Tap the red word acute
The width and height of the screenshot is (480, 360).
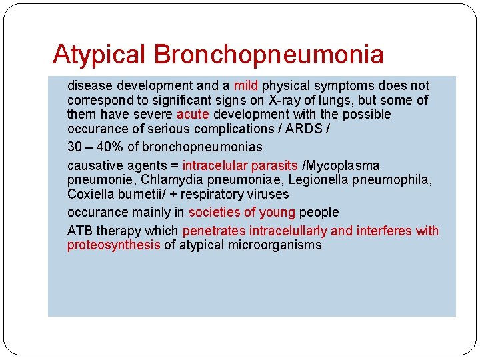[x=193, y=115]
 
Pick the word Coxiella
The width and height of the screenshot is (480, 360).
[x=91, y=195]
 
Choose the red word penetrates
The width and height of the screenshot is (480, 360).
[x=213, y=231]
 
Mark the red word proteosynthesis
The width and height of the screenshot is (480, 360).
[x=113, y=245]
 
